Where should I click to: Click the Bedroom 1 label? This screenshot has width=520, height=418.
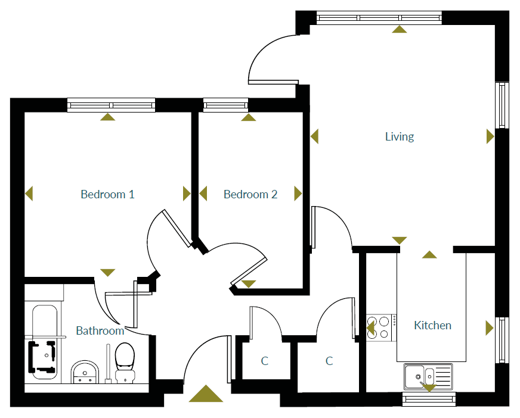pos(107,194)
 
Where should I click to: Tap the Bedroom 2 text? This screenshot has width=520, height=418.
pos(250,194)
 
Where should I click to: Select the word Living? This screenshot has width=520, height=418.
pos(399,137)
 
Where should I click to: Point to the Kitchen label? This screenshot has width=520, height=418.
pos(432,326)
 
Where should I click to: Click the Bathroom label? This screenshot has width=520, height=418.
pos(100,330)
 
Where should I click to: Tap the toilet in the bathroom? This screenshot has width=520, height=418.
pos(125,363)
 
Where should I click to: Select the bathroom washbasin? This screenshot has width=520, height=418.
pos(84,373)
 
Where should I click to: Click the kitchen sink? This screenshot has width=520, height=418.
pos(428,376)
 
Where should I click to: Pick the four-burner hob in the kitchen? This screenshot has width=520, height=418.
pos(380,327)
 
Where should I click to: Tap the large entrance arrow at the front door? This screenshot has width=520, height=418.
pos(206,394)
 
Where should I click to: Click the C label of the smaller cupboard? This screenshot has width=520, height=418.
pos(265,361)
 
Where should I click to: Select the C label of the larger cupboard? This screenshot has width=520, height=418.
pos(329,361)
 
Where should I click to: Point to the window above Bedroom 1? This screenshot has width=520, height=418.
pos(111,105)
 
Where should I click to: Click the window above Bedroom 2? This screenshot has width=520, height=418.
pos(225,105)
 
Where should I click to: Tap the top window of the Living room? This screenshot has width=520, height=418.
pos(379,18)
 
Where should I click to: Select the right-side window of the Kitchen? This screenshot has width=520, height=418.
pos(503,340)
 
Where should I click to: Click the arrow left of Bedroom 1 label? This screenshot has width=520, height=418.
pos(29,194)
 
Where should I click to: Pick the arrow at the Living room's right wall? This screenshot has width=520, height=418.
pos(490,137)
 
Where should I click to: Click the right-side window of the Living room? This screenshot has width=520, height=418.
pos(503,105)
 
